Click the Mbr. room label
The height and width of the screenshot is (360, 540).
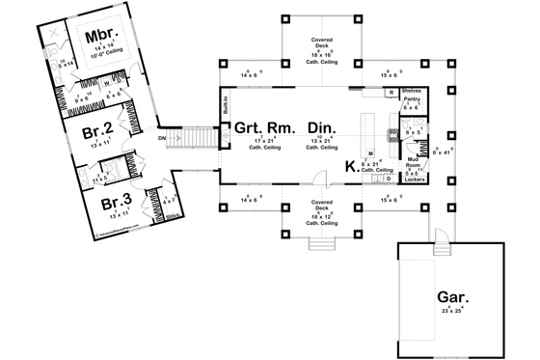tap(99, 38)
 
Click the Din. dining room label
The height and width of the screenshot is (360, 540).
tap(320, 126)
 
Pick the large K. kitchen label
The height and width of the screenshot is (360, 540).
tap(351, 167)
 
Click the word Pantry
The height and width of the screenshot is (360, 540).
tap(410, 99)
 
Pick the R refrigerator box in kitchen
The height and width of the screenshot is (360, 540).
tap(390, 91)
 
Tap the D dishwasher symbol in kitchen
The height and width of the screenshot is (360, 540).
tap(388, 179)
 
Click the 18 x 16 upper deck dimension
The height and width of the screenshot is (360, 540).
tap(322, 58)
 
